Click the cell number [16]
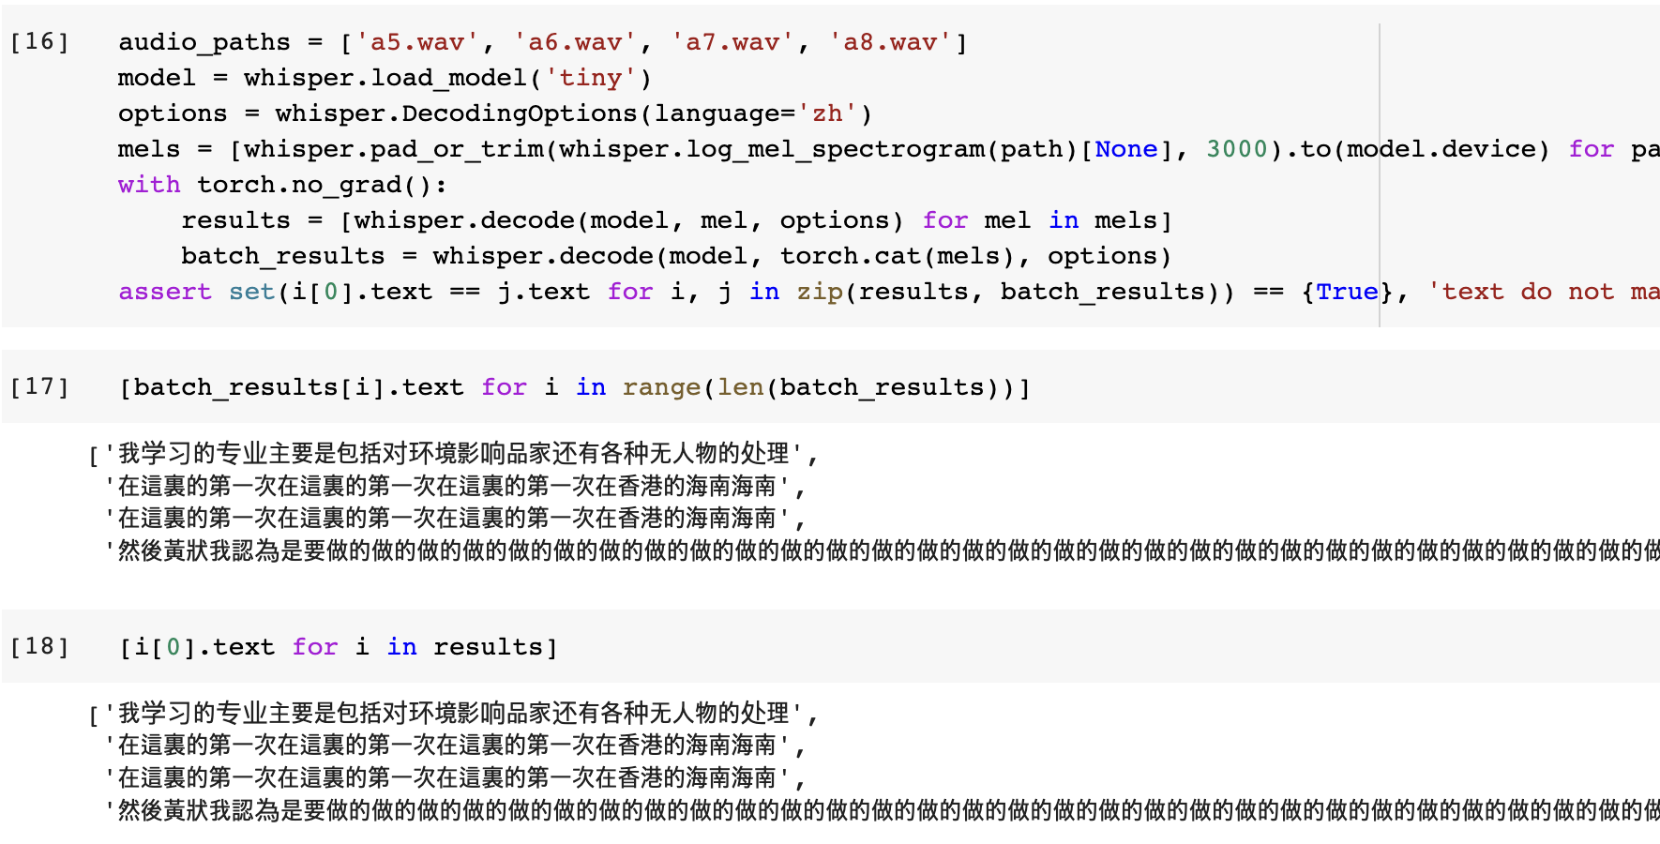pyautogui.click(x=39, y=42)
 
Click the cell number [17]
pyautogui.click(x=39, y=387)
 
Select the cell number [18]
pyautogui.click(x=39, y=647)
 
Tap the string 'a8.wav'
pyautogui.click(x=889, y=42)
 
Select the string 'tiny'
pyautogui.click(x=590, y=78)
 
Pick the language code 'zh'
pyautogui.click(x=826, y=113)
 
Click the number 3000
pyautogui.click(x=1236, y=149)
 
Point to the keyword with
pyautogui.click(x=149, y=185)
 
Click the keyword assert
pyautogui.click(x=165, y=292)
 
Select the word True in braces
pyautogui.click(x=1347, y=292)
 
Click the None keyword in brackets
pyautogui.click(x=1126, y=149)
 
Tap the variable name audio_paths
pyautogui.click(x=204, y=42)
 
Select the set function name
pyautogui.click(x=251, y=292)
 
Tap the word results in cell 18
pyautogui.click(x=488, y=647)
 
